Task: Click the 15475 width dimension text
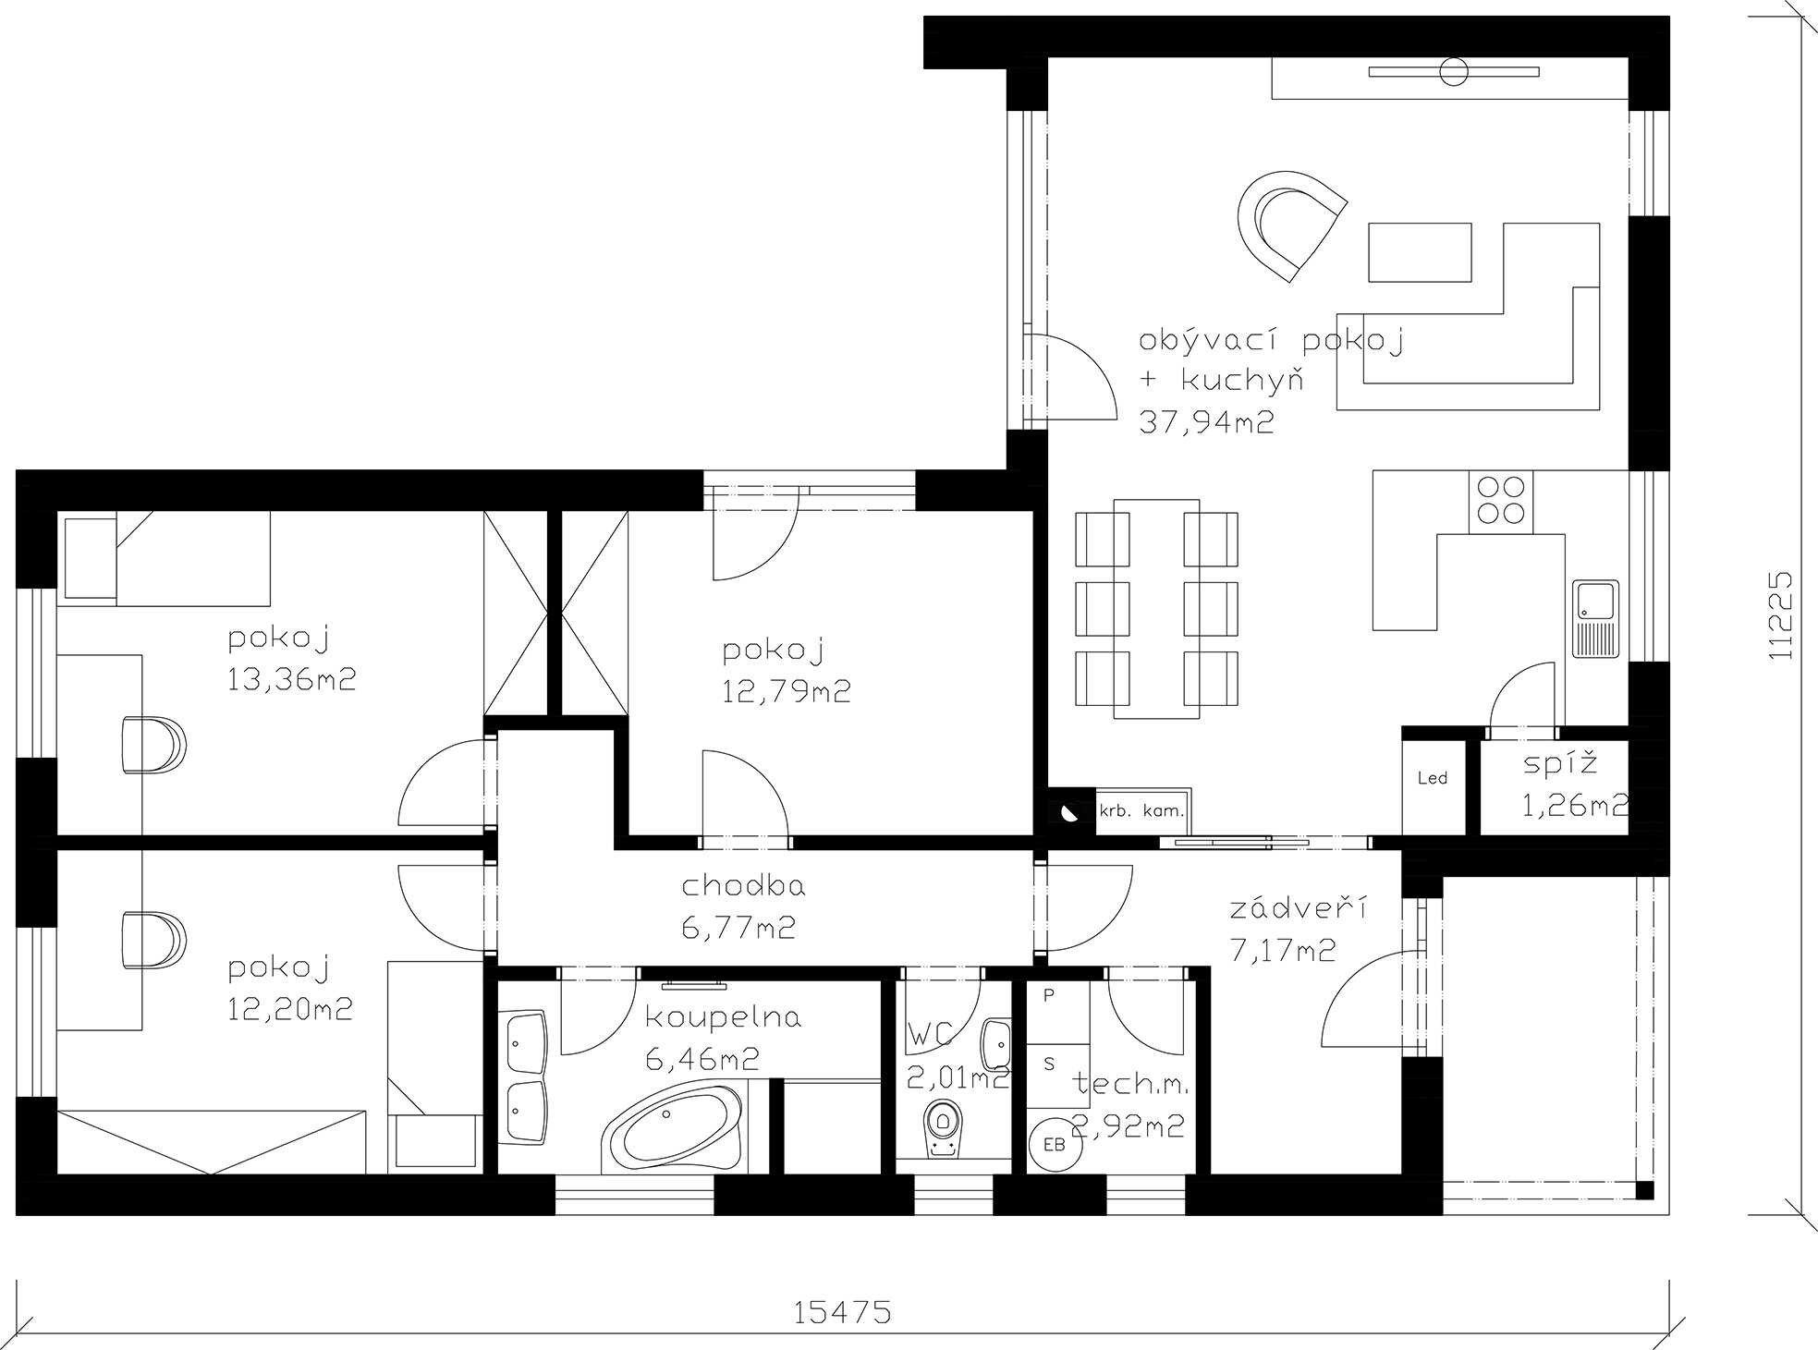(842, 1312)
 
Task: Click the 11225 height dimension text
(1779, 615)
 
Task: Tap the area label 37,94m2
(1206, 422)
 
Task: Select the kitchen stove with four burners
(1500, 501)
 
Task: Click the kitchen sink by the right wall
(1595, 618)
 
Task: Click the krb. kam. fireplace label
(1141, 811)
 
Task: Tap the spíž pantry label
(1560, 764)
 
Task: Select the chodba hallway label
(743, 886)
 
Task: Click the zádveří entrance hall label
(1298, 907)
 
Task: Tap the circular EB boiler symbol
(1054, 1145)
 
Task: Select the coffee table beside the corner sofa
(1420, 251)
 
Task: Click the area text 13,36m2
(291, 679)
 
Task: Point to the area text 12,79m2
(787, 691)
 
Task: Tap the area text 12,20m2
(290, 1008)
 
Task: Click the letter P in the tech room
(1048, 996)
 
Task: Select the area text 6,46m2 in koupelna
(702, 1059)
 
